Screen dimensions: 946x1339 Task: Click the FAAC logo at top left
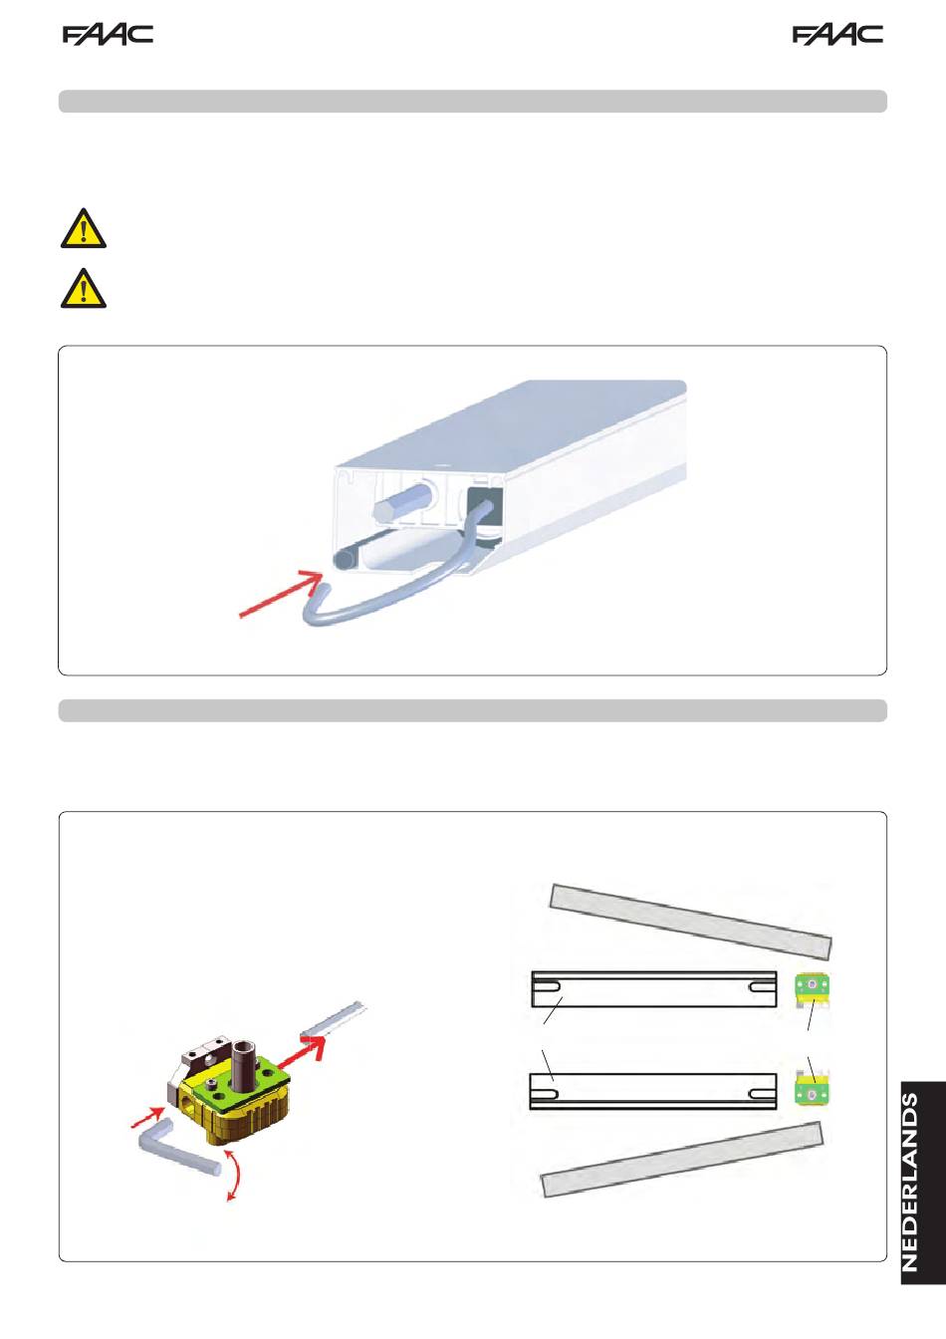[x=108, y=35]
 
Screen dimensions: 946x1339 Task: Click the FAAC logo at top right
[x=837, y=35]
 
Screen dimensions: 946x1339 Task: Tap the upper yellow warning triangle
[x=84, y=228]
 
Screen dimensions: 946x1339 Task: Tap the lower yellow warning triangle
[x=84, y=288]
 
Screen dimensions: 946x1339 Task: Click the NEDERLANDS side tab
[x=923, y=1182]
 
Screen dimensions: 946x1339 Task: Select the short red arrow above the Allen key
[x=147, y=1116]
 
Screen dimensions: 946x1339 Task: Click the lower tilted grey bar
[x=682, y=1160]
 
